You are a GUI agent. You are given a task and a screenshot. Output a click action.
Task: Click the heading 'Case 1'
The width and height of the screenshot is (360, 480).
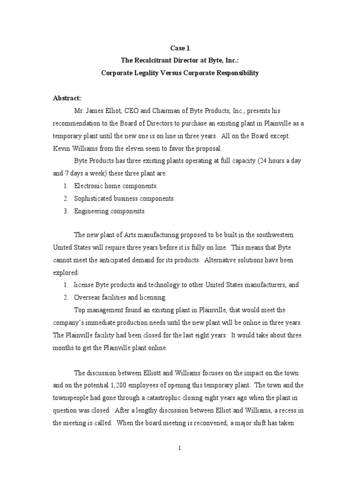(180, 48)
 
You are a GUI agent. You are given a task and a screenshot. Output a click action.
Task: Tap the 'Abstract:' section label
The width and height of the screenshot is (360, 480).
(67, 98)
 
